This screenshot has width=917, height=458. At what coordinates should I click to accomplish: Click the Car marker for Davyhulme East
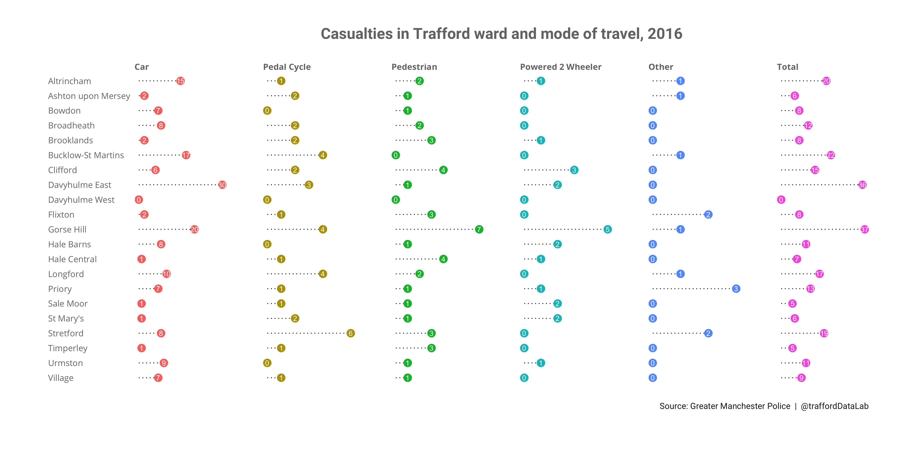pyautogui.click(x=222, y=185)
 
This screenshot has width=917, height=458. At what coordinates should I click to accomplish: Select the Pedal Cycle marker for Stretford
pyautogui.click(x=351, y=333)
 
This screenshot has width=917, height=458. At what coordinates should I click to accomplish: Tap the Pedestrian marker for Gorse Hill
pyautogui.click(x=479, y=229)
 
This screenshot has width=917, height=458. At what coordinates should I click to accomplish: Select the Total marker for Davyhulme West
pyautogui.click(x=781, y=200)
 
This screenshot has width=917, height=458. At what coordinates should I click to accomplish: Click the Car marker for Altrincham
pyautogui.click(x=181, y=81)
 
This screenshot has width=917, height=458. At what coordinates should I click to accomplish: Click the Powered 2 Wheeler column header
pyautogui.click(x=561, y=67)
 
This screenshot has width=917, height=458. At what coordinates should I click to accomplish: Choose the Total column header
pyautogui.click(x=787, y=67)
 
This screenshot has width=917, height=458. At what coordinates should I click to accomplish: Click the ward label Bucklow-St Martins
pyautogui.click(x=86, y=155)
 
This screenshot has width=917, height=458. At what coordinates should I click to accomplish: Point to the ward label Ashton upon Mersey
pyautogui.click(x=89, y=96)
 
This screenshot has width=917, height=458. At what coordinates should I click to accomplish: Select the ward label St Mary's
pyautogui.click(x=66, y=319)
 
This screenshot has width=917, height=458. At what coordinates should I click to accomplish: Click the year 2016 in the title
pyautogui.click(x=665, y=34)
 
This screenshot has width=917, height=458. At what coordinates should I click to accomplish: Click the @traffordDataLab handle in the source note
pyautogui.click(x=834, y=406)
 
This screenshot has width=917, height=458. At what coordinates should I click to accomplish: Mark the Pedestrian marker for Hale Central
pyautogui.click(x=443, y=259)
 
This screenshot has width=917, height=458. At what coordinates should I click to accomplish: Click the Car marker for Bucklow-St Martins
pyautogui.click(x=186, y=155)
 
